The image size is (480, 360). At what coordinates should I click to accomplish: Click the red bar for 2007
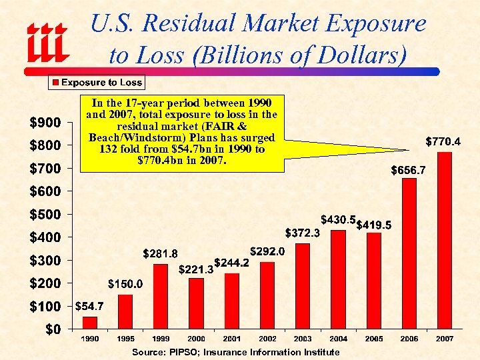445,241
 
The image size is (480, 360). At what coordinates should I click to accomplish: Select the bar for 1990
89,323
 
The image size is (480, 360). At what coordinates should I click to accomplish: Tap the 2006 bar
409,253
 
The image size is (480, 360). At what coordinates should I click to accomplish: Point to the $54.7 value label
89,307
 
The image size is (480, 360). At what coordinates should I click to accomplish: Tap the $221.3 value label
195,270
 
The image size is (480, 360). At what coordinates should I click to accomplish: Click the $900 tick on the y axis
44,122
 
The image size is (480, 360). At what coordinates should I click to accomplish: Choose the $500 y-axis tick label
44,214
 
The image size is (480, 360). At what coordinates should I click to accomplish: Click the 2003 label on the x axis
302,339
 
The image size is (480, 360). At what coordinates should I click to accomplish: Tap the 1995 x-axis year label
125,339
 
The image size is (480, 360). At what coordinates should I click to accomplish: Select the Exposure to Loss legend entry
97,83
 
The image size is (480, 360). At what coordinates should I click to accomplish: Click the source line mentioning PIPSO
235,351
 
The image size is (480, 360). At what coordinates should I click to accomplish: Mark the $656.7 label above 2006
408,170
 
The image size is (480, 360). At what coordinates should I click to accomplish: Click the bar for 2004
338,279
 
